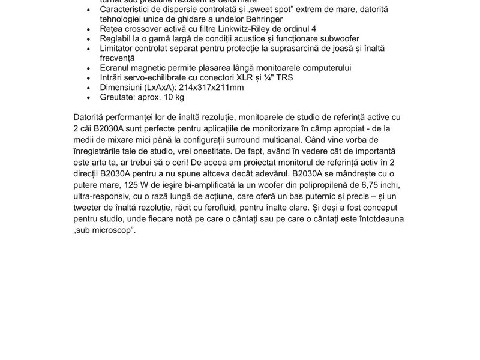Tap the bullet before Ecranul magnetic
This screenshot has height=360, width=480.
pos(89,68)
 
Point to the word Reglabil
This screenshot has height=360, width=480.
pos(118,39)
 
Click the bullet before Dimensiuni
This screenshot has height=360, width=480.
pos(89,87)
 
